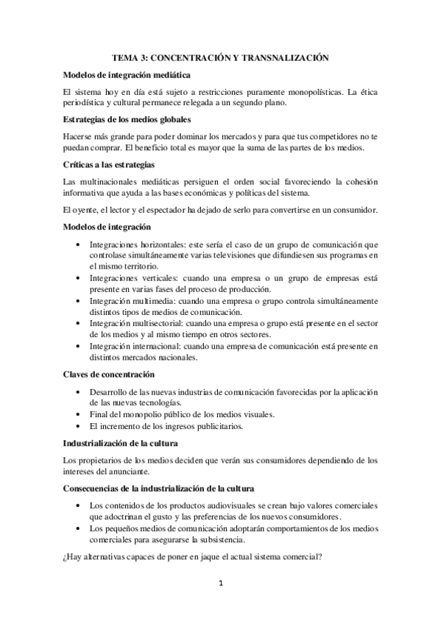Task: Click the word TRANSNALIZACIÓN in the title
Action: pos(284,57)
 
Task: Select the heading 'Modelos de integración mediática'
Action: pos(127,74)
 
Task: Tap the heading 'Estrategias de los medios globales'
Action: pos(127,119)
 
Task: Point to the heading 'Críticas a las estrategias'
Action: pos(109,164)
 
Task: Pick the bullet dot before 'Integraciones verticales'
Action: pos(80,279)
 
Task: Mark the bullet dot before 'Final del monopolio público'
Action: pos(80,415)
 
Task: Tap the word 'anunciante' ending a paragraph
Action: pos(129,472)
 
